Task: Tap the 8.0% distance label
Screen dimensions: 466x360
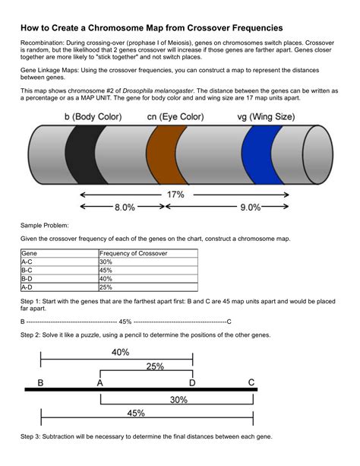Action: pos(125,206)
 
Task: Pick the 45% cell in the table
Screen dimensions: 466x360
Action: pos(106,270)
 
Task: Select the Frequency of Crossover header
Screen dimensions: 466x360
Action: pos(134,253)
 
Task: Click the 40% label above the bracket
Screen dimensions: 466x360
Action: pos(120,352)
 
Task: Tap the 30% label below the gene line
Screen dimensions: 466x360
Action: pos(178,400)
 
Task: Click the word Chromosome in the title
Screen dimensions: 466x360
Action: pos(137,27)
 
